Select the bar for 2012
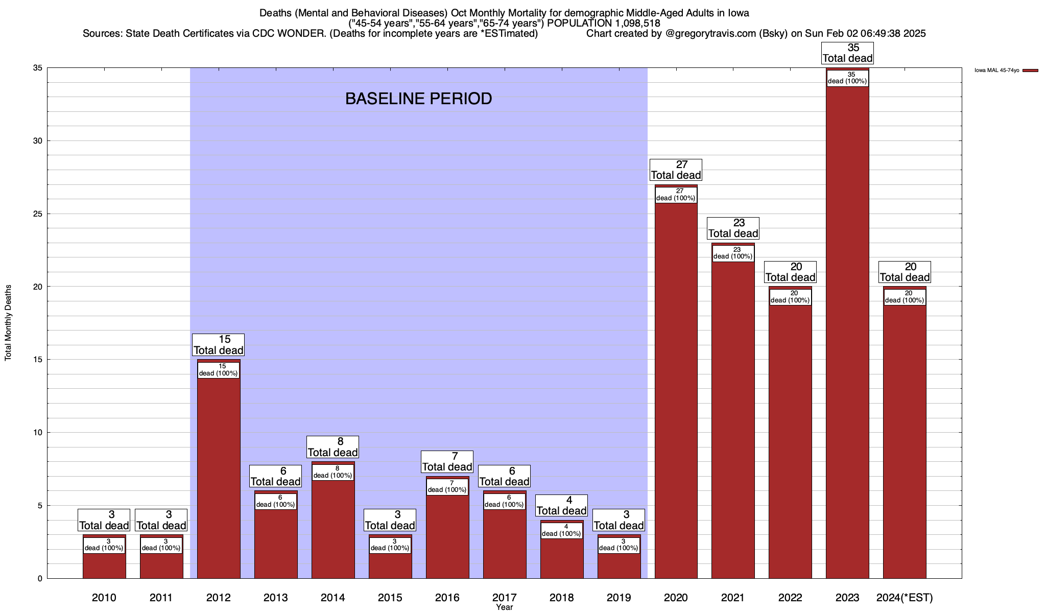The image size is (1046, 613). pyautogui.click(x=219, y=475)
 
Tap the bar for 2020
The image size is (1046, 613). pyautogui.click(x=676, y=388)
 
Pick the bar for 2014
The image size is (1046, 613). pyautogui.click(x=333, y=526)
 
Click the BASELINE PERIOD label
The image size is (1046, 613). pyautogui.click(x=418, y=99)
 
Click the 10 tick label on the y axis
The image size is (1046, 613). pyautogui.click(x=38, y=433)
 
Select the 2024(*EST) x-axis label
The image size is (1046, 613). pyautogui.click(x=905, y=598)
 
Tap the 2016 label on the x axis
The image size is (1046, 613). pyautogui.click(x=447, y=598)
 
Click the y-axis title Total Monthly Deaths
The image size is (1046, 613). pyautogui.click(x=8, y=323)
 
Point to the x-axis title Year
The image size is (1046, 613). pyautogui.click(x=504, y=607)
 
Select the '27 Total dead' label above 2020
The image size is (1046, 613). pyautogui.click(x=676, y=170)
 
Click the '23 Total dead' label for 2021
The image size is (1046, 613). pyautogui.click(x=733, y=228)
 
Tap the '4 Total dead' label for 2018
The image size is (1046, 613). pyautogui.click(x=561, y=505)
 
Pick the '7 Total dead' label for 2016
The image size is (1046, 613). pyautogui.click(x=447, y=461)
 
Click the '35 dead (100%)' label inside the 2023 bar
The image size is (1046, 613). pyautogui.click(x=847, y=78)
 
